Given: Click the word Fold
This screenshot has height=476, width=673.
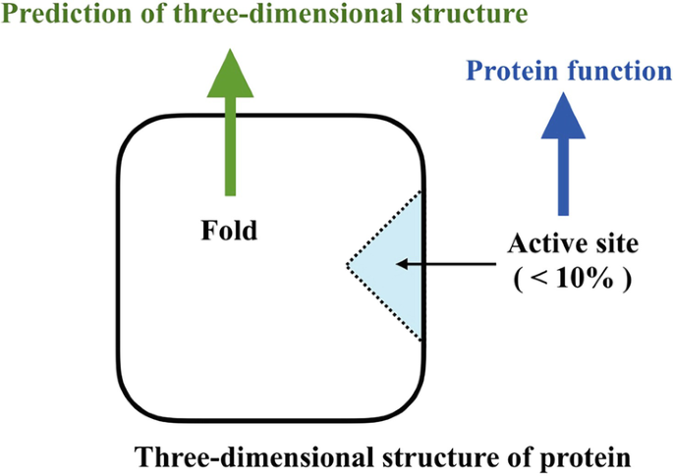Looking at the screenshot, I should tap(228, 232).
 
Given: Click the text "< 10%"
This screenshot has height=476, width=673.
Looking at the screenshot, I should tap(569, 278).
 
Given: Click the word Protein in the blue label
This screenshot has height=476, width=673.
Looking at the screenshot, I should tap(507, 71).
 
